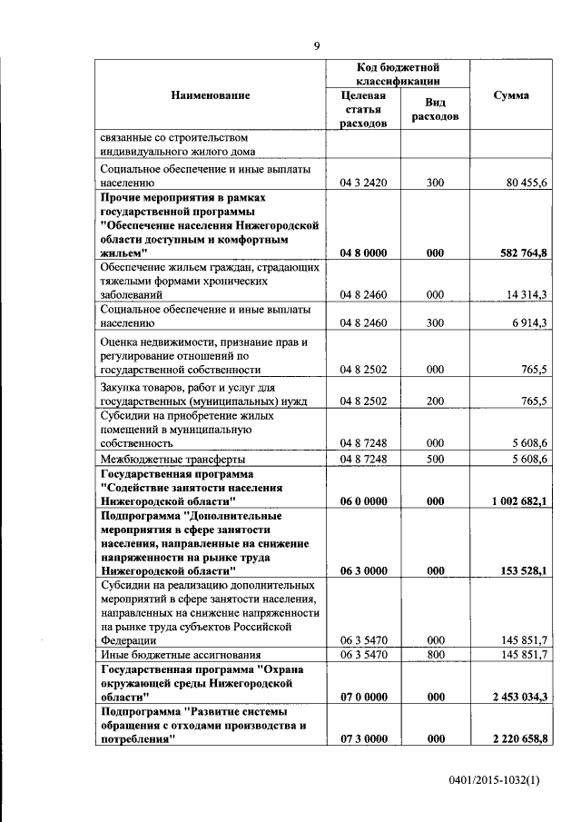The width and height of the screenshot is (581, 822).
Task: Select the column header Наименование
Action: tap(210, 95)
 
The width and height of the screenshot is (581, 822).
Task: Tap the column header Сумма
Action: tap(511, 95)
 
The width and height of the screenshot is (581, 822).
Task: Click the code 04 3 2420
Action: tap(363, 183)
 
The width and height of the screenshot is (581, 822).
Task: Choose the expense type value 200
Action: tap(434, 401)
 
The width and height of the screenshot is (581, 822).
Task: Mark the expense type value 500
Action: tap(434, 460)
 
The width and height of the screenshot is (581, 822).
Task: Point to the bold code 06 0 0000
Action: tap(363, 500)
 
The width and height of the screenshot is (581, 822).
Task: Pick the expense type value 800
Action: tap(434, 654)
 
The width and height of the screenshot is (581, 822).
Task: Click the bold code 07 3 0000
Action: tap(363, 739)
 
